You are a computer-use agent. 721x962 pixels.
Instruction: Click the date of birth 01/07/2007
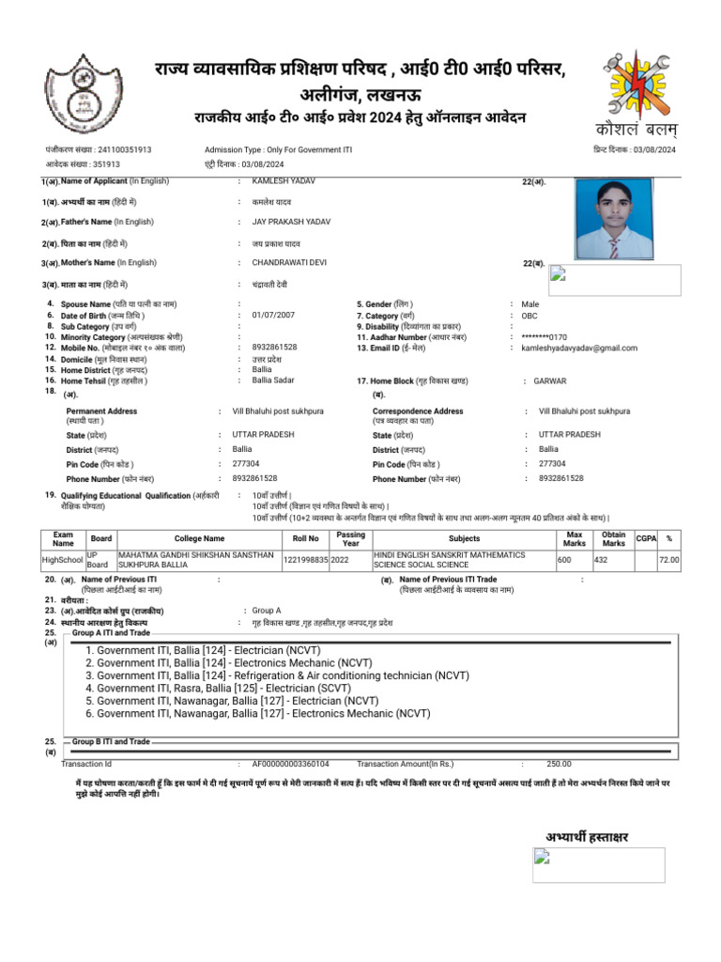tap(273, 316)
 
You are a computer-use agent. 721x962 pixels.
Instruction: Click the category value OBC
tap(530, 316)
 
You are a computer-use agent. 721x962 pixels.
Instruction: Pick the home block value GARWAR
tap(550, 380)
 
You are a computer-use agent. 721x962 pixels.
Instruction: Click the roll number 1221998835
tap(305, 560)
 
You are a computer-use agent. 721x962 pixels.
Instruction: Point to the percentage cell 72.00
tap(668, 560)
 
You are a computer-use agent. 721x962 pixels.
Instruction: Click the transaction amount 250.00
tap(559, 764)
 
